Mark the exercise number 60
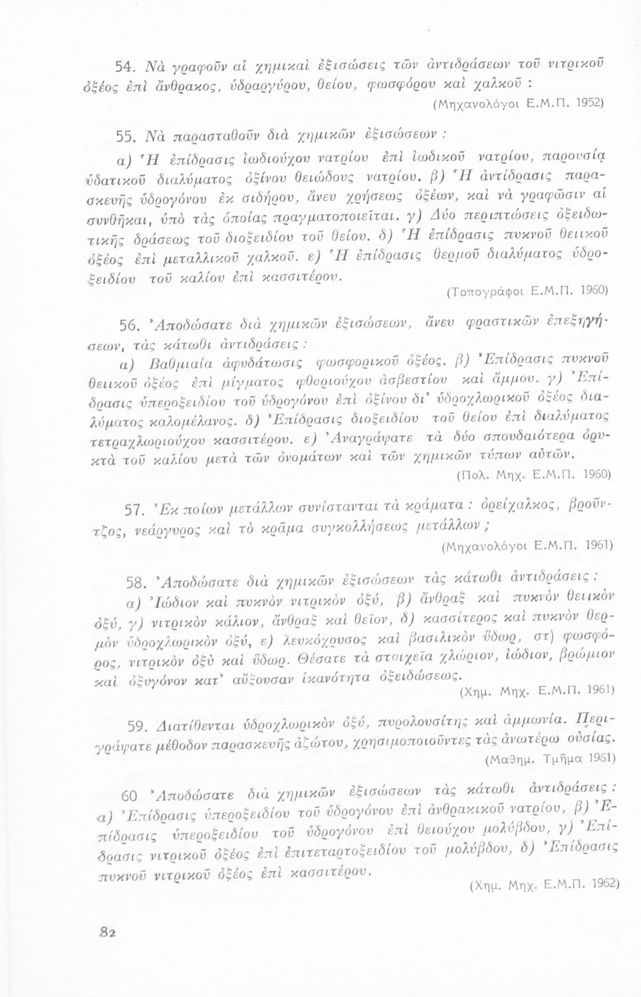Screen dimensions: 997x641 (130, 796)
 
